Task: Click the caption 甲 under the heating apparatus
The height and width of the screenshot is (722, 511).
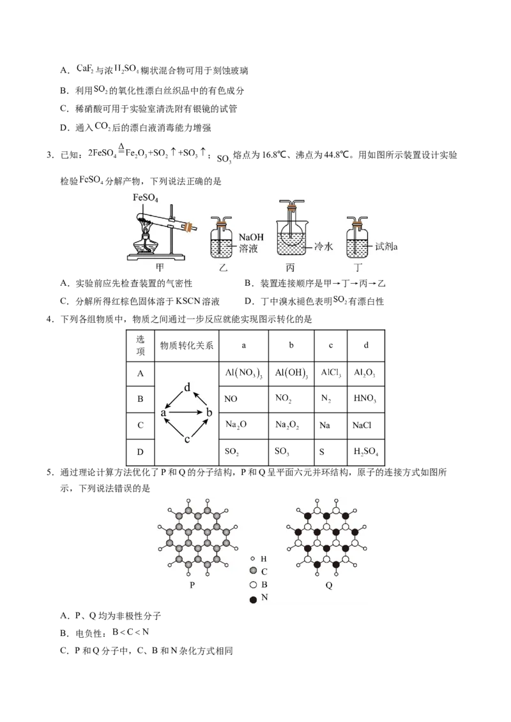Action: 158,269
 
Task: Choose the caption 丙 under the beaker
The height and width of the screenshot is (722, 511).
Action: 291,269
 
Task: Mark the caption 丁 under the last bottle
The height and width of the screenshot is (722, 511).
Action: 357,269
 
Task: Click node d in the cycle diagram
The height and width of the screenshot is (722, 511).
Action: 187,388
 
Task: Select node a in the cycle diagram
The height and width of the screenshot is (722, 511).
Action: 164,413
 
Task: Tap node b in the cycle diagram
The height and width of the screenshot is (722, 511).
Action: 209,413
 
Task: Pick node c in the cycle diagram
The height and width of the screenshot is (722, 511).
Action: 187,439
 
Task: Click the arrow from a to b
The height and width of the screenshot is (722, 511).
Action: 187,413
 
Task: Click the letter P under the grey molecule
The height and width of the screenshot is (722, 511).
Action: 192,586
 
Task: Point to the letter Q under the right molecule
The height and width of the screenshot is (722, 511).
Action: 329,586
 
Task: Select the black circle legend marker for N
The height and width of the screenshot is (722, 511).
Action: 254,598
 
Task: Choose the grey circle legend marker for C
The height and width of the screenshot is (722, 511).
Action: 254,571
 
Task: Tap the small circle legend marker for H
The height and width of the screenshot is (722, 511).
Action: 254,558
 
